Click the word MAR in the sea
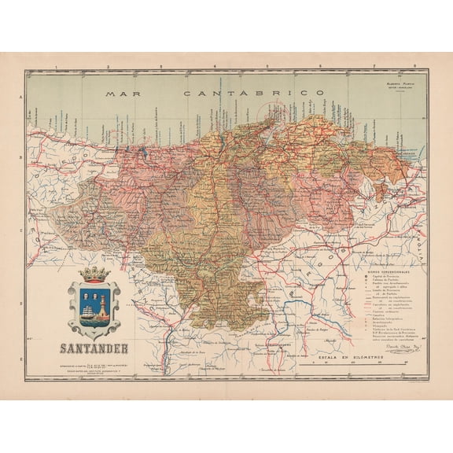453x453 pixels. [x=123, y=93]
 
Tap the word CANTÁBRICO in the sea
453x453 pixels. [x=254, y=93]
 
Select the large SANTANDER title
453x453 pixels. [x=94, y=347]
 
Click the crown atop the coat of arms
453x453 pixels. [x=94, y=274]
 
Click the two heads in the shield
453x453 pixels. [x=86, y=294]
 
